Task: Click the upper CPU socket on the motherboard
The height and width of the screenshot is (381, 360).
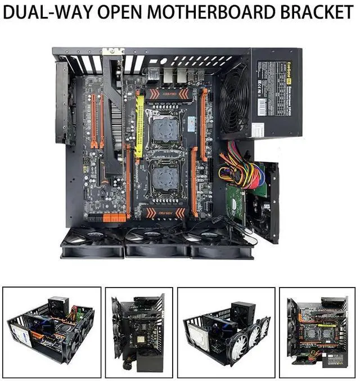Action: coord(163,125)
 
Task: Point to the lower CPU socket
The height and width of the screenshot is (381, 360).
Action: coord(163,177)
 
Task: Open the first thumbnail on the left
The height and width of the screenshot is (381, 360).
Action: coord(52,332)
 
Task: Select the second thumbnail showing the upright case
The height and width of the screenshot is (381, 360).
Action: coord(138,332)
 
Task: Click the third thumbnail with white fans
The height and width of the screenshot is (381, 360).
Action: coord(226,332)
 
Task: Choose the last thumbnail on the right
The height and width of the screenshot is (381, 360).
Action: coord(317,332)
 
